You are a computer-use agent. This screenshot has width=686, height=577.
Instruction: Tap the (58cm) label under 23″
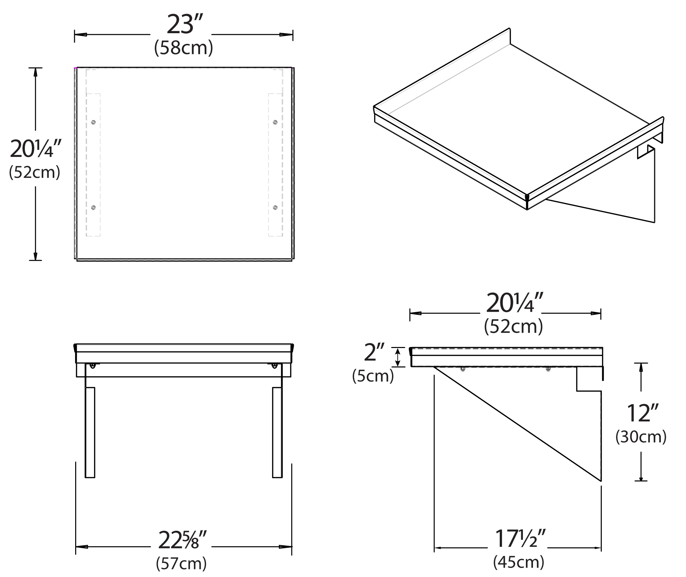coord(183,48)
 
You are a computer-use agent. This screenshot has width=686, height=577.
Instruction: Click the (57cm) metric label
coord(181,563)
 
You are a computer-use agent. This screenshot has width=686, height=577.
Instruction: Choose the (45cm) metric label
coord(519,562)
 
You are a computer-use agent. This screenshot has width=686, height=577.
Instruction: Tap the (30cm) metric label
coord(641,437)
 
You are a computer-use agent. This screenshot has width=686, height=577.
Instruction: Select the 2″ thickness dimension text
coord(374,352)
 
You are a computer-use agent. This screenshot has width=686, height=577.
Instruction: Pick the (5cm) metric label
coord(373,376)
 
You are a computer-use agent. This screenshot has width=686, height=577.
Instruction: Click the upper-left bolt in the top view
coord(93,122)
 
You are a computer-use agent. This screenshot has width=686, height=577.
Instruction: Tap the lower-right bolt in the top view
coord(275,208)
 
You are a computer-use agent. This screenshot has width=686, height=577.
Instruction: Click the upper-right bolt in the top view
coord(275,122)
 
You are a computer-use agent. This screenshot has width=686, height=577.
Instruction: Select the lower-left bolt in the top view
coord(93,208)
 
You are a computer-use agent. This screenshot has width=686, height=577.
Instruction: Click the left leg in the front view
coord(90,432)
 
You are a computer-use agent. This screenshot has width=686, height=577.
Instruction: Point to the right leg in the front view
coord(277,432)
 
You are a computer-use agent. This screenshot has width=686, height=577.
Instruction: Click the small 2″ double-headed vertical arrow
coord(398,357)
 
